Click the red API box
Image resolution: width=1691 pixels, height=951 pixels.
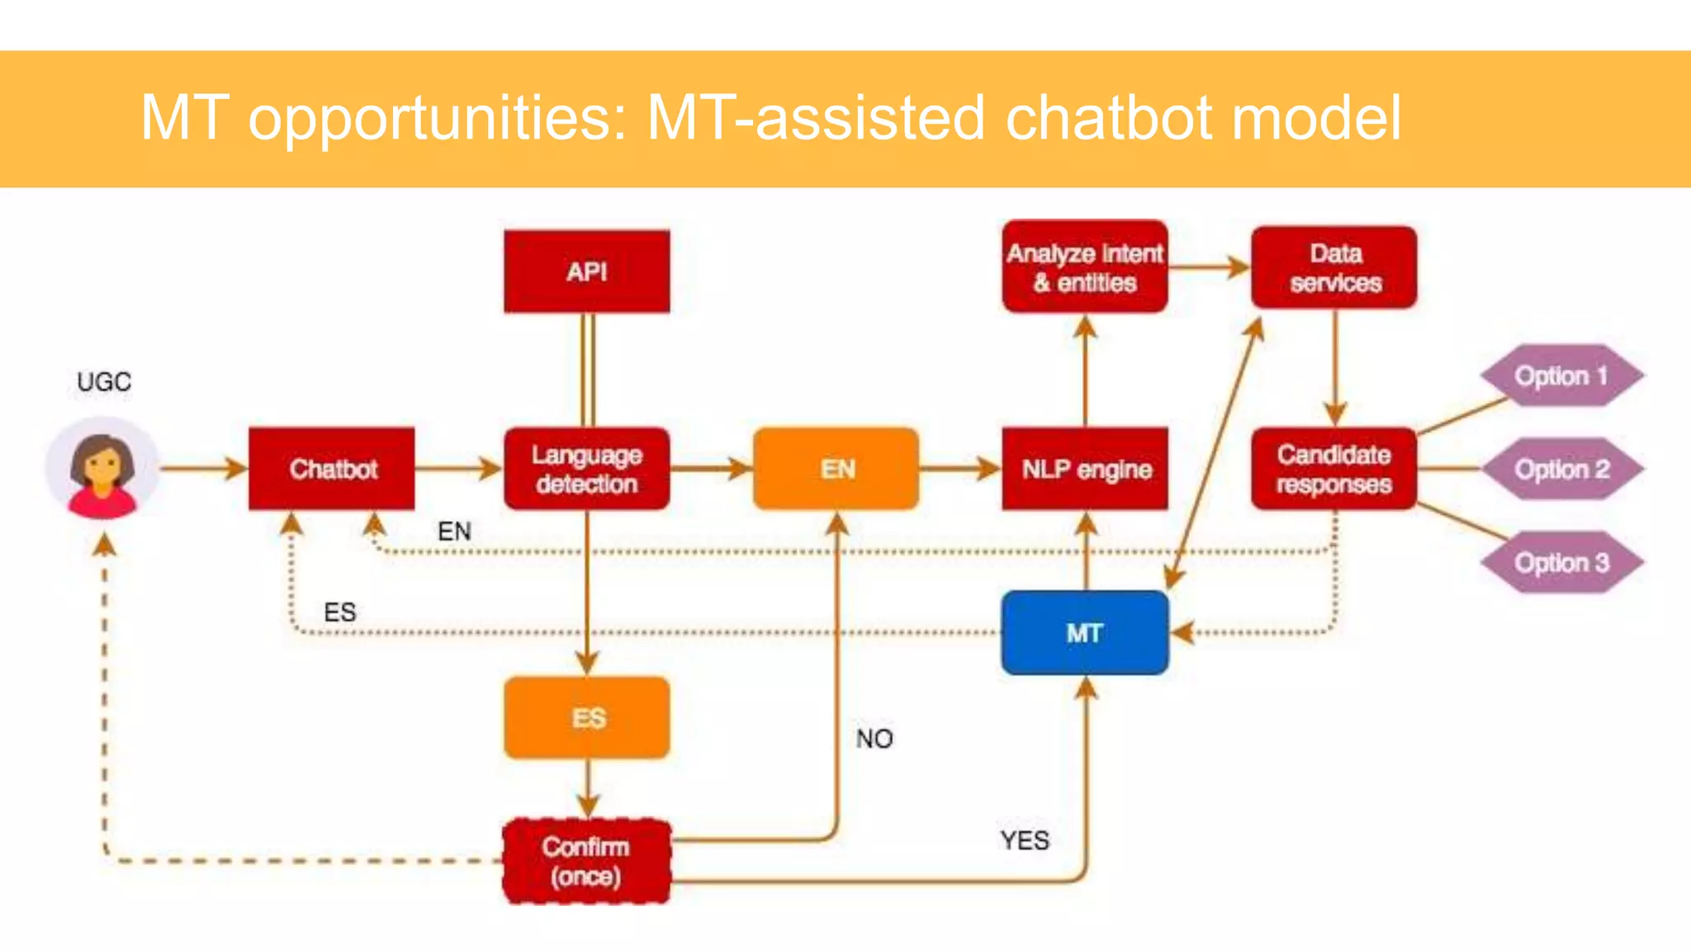point(587,272)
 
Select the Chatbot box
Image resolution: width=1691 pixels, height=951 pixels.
point(332,469)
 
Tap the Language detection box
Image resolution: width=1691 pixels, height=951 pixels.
point(587,469)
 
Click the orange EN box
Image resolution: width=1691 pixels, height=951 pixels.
point(836,469)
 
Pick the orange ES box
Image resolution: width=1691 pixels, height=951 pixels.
point(587,717)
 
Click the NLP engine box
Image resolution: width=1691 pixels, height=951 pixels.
point(1086,469)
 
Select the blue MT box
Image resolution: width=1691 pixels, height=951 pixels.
point(1085,633)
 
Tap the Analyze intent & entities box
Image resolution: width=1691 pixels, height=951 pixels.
point(1085,267)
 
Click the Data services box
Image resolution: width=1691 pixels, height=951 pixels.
point(1334,267)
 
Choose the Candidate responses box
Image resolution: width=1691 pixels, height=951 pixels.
point(1334,469)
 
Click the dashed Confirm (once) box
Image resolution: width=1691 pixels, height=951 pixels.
point(587,861)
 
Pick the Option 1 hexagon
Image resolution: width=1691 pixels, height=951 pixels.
point(1561,376)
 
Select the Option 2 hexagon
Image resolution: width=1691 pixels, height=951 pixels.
point(1561,470)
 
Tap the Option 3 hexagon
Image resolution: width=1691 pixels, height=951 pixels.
point(1561,563)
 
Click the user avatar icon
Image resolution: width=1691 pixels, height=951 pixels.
point(102,469)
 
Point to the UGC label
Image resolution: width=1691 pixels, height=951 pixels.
point(104,382)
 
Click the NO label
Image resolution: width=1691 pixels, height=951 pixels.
point(874,739)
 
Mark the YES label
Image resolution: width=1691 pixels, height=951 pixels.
point(1025,840)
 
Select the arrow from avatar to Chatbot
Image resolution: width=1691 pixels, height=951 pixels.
point(202,469)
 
